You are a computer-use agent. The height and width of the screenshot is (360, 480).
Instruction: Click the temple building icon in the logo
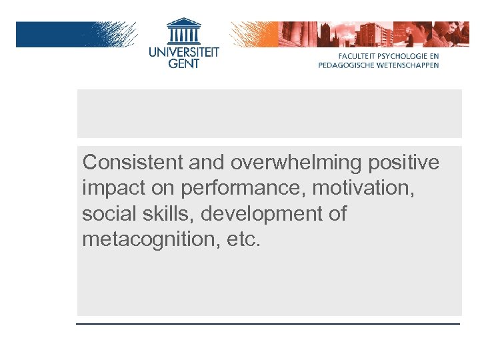pyautogui.click(x=183, y=31)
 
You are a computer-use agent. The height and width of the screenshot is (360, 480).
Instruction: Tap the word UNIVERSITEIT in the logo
pyautogui.click(x=183, y=51)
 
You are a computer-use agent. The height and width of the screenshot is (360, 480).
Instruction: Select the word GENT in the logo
pyautogui.click(x=183, y=63)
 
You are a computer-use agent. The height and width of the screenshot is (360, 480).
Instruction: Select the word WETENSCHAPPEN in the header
pyautogui.click(x=408, y=65)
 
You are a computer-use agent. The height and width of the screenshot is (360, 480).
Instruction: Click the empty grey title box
pyautogui.click(x=269, y=113)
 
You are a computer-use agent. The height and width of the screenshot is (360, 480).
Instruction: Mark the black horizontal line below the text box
pyautogui.click(x=268, y=323)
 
